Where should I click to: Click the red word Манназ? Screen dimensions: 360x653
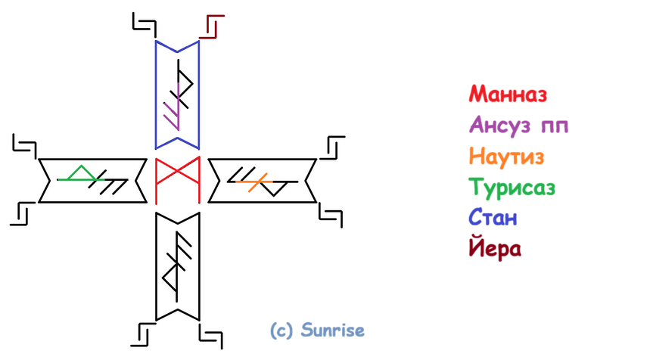point(507,95)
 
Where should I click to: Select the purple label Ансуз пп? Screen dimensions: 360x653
point(518,125)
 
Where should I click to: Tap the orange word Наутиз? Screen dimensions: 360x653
point(506,157)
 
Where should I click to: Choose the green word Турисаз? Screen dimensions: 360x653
point(512,187)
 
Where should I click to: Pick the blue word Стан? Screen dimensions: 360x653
point(493,218)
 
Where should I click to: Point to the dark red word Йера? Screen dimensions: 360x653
point(495,248)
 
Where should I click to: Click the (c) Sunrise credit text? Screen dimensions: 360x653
point(317,331)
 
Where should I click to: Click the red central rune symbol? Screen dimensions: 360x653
point(176,181)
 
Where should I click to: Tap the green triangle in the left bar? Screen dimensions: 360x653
point(76,175)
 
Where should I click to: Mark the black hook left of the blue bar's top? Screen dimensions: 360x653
point(144,23)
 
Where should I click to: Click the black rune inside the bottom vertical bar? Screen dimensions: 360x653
point(178,265)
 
